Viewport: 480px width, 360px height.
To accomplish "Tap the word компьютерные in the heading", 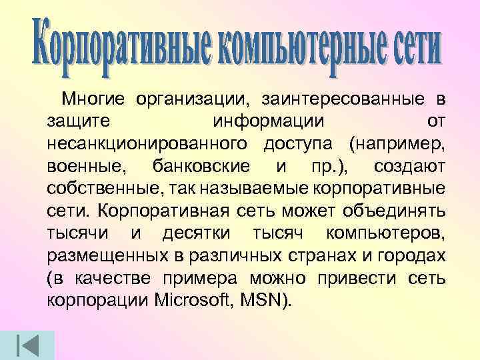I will point(293,44).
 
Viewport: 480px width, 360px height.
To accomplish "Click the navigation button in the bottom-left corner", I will point(28,343).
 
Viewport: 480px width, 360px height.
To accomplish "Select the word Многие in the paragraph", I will point(95,100).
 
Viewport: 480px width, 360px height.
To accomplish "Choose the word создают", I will point(407,165).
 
